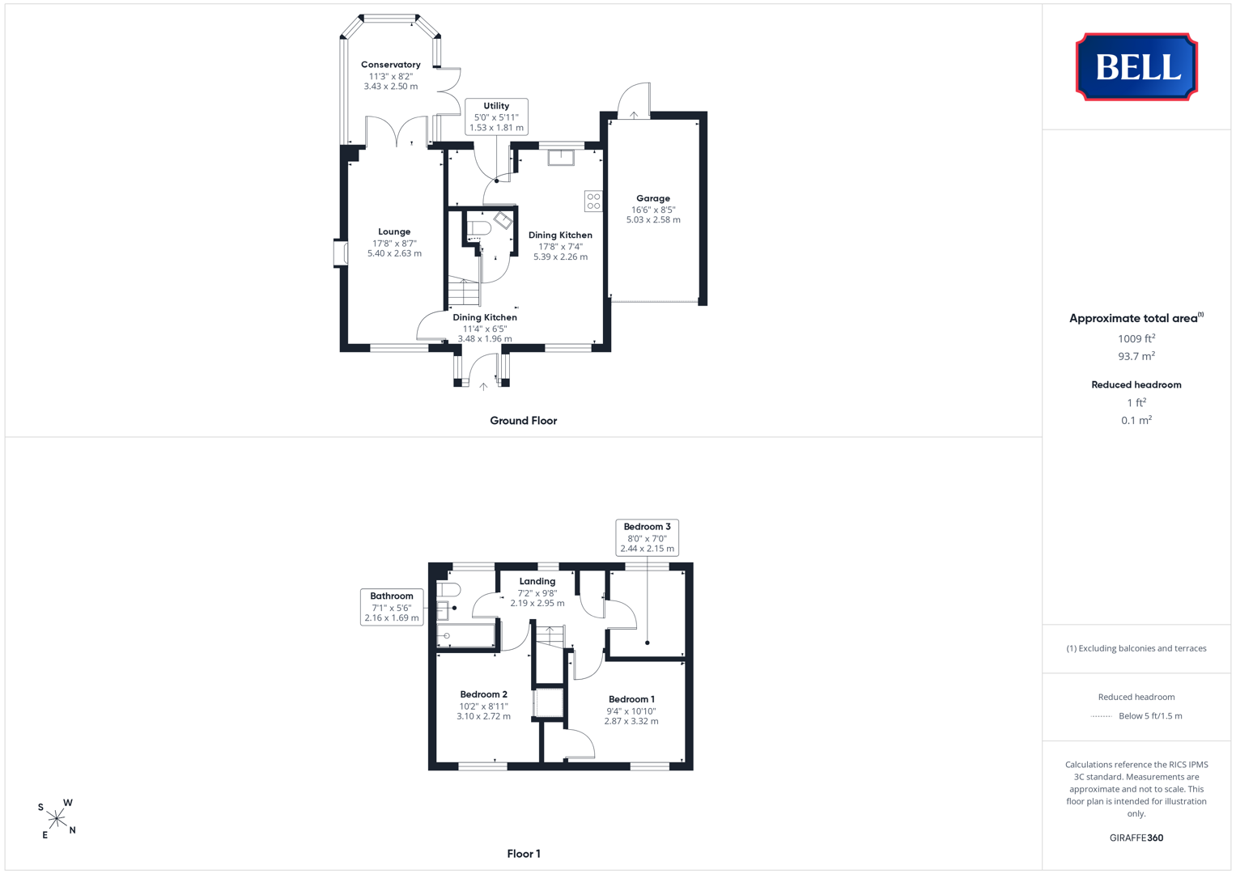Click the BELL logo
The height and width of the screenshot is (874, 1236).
[x=1136, y=66]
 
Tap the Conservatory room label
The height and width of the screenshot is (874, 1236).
[x=391, y=65]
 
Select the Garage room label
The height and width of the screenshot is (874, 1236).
[x=653, y=198]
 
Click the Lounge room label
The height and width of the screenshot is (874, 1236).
[x=394, y=231]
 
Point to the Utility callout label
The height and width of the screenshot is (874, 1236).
[x=497, y=117]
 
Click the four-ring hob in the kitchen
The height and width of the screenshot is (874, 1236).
[x=594, y=202]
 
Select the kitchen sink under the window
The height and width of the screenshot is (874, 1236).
[x=561, y=157]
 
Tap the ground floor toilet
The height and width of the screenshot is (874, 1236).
[x=479, y=228]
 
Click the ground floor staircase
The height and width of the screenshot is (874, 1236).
[x=464, y=292]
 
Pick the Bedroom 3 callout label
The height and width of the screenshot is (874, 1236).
[x=648, y=537]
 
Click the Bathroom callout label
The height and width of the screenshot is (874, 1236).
[x=392, y=607]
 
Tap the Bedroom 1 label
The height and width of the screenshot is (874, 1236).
[x=632, y=699]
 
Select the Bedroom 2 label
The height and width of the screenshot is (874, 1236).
[x=483, y=694]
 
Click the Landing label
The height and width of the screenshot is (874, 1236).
[x=537, y=581]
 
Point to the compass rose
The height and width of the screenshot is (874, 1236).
[x=57, y=819]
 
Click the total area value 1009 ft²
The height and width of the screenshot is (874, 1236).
[x=1136, y=339]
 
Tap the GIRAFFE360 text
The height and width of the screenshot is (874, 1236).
[x=1136, y=838]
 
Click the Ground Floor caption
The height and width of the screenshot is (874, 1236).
[x=524, y=421]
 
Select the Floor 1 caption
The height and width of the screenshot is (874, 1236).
[x=524, y=854]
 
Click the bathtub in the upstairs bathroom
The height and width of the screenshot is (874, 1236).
[x=465, y=635]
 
